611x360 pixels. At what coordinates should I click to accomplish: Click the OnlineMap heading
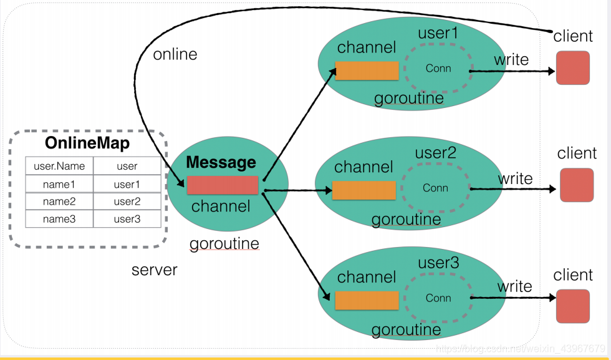pyautogui.click(x=87, y=143)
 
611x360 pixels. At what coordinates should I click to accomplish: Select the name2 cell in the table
pyautogui.click(x=59, y=202)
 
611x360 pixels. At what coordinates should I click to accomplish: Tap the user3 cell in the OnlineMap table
pyautogui.click(x=127, y=219)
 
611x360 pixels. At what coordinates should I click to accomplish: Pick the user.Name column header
pyautogui.click(x=59, y=166)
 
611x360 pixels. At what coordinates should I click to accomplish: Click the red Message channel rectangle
pyautogui.click(x=223, y=185)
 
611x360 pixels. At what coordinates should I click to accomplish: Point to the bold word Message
pyautogui.click(x=221, y=162)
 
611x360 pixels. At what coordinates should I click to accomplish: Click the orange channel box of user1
pyautogui.click(x=367, y=71)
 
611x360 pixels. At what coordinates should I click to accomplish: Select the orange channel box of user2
pyautogui.click(x=364, y=190)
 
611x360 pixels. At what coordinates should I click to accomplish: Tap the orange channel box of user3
pyautogui.click(x=367, y=300)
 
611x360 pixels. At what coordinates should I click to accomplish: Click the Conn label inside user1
pyautogui.click(x=438, y=68)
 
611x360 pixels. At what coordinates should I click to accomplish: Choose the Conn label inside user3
pyautogui.click(x=438, y=298)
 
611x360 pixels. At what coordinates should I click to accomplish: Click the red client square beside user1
pyautogui.click(x=573, y=67)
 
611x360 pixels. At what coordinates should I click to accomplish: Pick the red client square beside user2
pyautogui.click(x=577, y=185)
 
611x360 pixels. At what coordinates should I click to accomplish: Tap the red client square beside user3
pyautogui.click(x=573, y=306)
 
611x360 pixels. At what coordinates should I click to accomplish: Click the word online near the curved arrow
pyautogui.click(x=175, y=54)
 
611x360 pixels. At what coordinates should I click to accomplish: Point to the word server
pyautogui.click(x=155, y=270)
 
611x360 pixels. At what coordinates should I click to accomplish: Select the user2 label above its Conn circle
pyautogui.click(x=435, y=153)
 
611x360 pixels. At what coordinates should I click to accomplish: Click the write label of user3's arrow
pyautogui.click(x=514, y=286)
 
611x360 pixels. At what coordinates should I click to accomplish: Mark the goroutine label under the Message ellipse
pyautogui.click(x=224, y=244)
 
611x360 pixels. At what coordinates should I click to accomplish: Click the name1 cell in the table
pyautogui.click(x=59, y=184)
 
